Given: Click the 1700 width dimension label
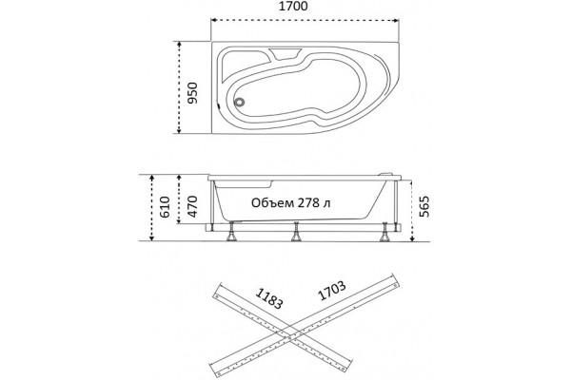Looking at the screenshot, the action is point(293,7).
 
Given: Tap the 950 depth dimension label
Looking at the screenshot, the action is point(192,93).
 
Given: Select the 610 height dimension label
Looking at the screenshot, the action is point(165,206).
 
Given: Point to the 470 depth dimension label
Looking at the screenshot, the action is point(192,206).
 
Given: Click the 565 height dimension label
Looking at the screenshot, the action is point(424,206).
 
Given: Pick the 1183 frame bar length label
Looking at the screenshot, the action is point(269,298).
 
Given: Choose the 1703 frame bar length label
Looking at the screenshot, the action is point(332,291).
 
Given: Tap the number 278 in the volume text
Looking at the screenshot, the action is point(308,203).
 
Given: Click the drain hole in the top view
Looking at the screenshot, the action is point(240,103).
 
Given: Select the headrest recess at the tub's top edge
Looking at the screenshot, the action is point(285,54).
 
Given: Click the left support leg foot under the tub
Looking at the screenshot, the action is point(231,237).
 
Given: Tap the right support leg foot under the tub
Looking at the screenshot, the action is point(384,237).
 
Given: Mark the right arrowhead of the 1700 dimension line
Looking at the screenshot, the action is point(397,20).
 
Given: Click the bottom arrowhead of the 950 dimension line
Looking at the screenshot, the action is point(179,130).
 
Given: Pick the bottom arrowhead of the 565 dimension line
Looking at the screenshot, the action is point(412,238).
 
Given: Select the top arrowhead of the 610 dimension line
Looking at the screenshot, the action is point(152,179).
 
